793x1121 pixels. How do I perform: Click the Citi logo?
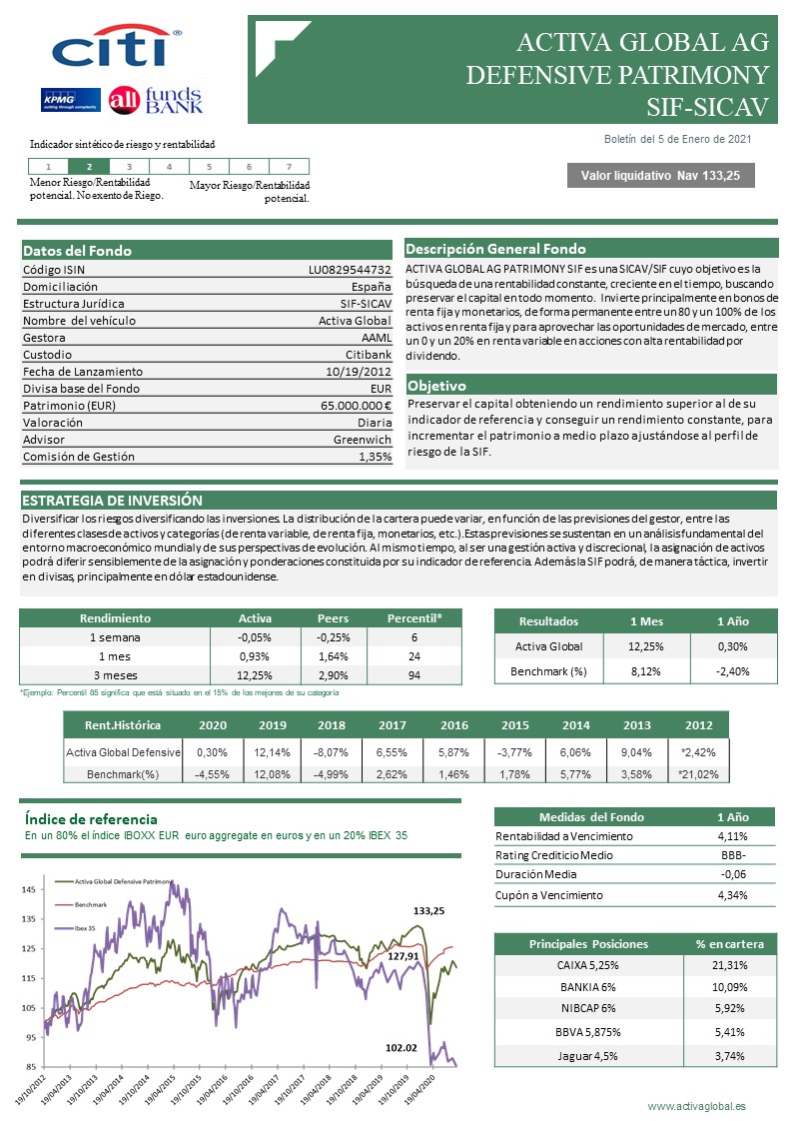115,48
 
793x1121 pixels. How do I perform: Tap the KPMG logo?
68,100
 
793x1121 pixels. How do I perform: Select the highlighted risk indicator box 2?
89,167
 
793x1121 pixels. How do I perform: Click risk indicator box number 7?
289,167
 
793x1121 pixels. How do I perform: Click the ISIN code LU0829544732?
350,270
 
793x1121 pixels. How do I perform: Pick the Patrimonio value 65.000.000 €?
356,406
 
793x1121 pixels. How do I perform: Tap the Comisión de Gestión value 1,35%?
375,457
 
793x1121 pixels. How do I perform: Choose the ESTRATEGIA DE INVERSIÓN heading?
112,500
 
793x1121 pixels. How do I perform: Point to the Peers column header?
333,618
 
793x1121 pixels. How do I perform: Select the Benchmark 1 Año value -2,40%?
733,671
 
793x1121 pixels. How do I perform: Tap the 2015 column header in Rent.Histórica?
515,725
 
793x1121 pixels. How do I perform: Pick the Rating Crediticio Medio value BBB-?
733,855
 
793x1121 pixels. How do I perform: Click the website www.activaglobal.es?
696,1106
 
